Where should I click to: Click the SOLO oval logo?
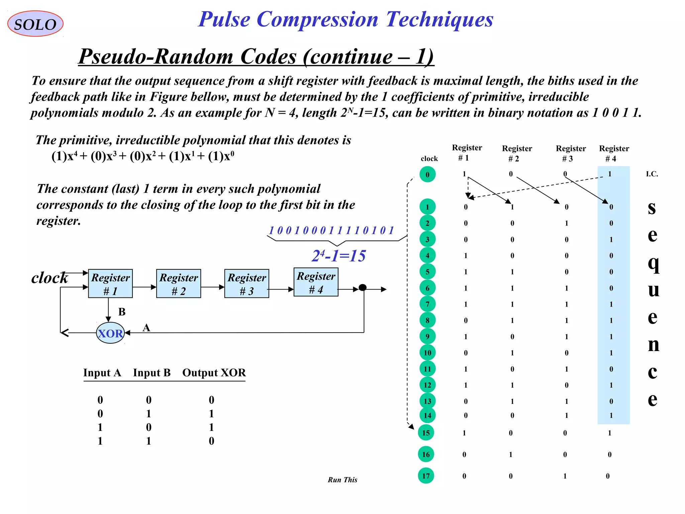[x=35, y=24]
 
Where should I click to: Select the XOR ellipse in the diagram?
[x=110, y=333]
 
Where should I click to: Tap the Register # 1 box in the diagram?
[x=110, y=283]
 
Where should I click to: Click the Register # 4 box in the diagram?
[x=316, y=282]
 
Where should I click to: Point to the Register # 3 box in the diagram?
[x=247, y=283]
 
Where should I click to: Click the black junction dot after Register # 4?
[x=363, y=287]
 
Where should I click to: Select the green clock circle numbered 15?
[x=426, y=433]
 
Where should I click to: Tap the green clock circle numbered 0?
[x=427, y=174]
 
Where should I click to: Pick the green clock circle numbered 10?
[x=427, y=353]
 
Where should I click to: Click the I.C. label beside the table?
[x=652, y=174]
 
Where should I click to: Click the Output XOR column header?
[x=214, y=373]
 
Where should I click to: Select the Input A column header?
[x=102, y=373]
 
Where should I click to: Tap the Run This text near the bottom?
[x=342, y=480]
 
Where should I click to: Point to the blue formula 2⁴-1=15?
[x=338, y=256]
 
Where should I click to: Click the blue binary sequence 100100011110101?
[x=331, y=230]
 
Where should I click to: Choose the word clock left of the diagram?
[x=50, y=278]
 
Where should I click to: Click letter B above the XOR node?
[x=122, y=312]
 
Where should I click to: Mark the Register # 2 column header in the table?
[x=517, y=153]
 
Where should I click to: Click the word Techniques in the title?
[x=439, y=19]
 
